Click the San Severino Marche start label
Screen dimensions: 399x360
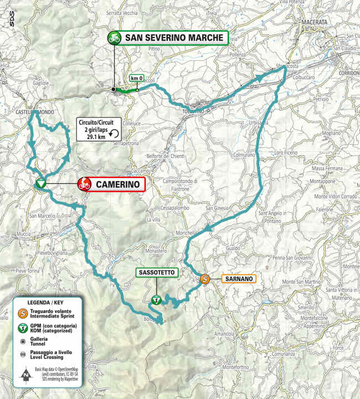pyautogui.click(x=174, y=38)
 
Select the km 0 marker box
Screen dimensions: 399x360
pyautogui.click(x=137, y=79)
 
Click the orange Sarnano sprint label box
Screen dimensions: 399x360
pyautogui.click(x=239, y=279)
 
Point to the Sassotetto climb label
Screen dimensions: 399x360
pyautogui.click(x=157, y=273)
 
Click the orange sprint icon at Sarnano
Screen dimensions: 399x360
pyautogui.click(x=204, y=279)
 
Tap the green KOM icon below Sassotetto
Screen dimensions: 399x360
pyautogui.click(x=156, y=300)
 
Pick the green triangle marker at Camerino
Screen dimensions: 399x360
pyautogui.click(x=40, y=184)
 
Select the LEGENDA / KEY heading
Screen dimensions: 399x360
pyautogui.click(x=49, y=303)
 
